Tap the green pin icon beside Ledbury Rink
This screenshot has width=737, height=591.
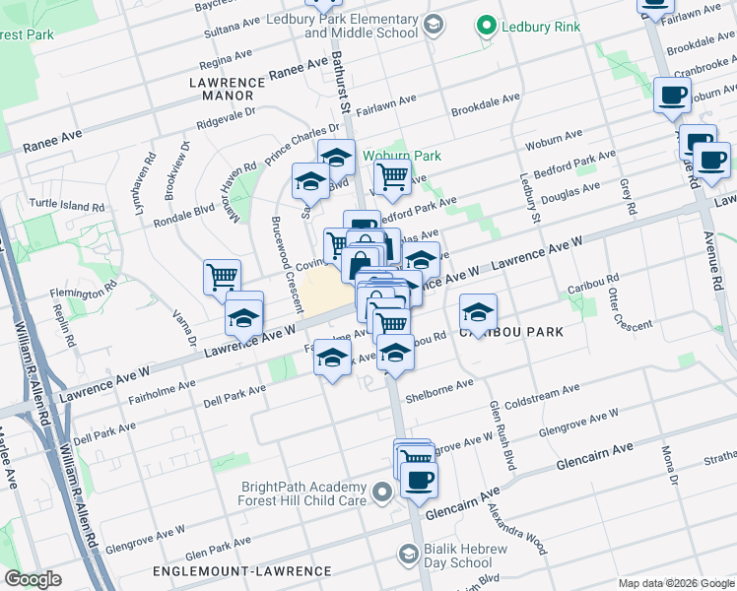click(485, 26)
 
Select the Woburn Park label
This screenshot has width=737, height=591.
click(401, 156)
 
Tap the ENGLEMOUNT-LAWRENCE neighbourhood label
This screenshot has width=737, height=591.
click(242, 571)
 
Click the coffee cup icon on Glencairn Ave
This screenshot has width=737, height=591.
click(419, 479)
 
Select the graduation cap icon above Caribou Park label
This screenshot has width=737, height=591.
click(478, 312)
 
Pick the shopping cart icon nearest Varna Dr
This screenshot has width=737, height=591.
click(222, 277)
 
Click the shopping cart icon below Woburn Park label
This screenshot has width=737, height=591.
click(392, 178)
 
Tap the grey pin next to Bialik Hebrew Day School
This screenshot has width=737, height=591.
click(408, 556)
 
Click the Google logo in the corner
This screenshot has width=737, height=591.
click(33, 579)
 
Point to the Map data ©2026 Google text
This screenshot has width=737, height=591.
click(675, 583)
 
